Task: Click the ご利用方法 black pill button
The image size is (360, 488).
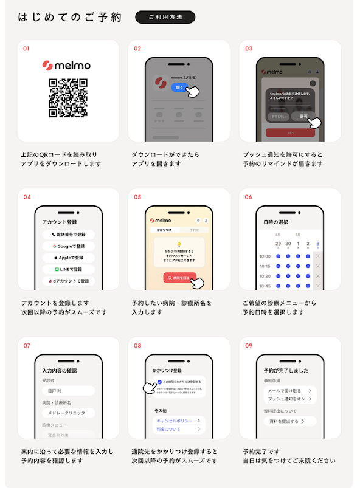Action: pyautogui.click(x=165, y=17)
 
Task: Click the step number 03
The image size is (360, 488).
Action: pyautogui.click(x=249, y=49)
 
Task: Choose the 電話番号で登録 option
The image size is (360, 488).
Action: pyautogui.click(x=68, y=234)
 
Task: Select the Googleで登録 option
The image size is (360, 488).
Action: pyautogui.click(x=68, y=246)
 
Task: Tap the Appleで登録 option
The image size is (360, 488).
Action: pyautogui.click(x=68, y=257)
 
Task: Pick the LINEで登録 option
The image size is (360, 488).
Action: pyautogui.click(x=68, y=269)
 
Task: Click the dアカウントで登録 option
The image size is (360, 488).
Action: pyautogui.click(x=68, y=280)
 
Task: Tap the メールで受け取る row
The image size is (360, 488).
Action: pyautogui.click(x=289, y=390)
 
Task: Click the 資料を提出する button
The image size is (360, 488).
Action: pyautogui.click(x=286, y=421)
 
